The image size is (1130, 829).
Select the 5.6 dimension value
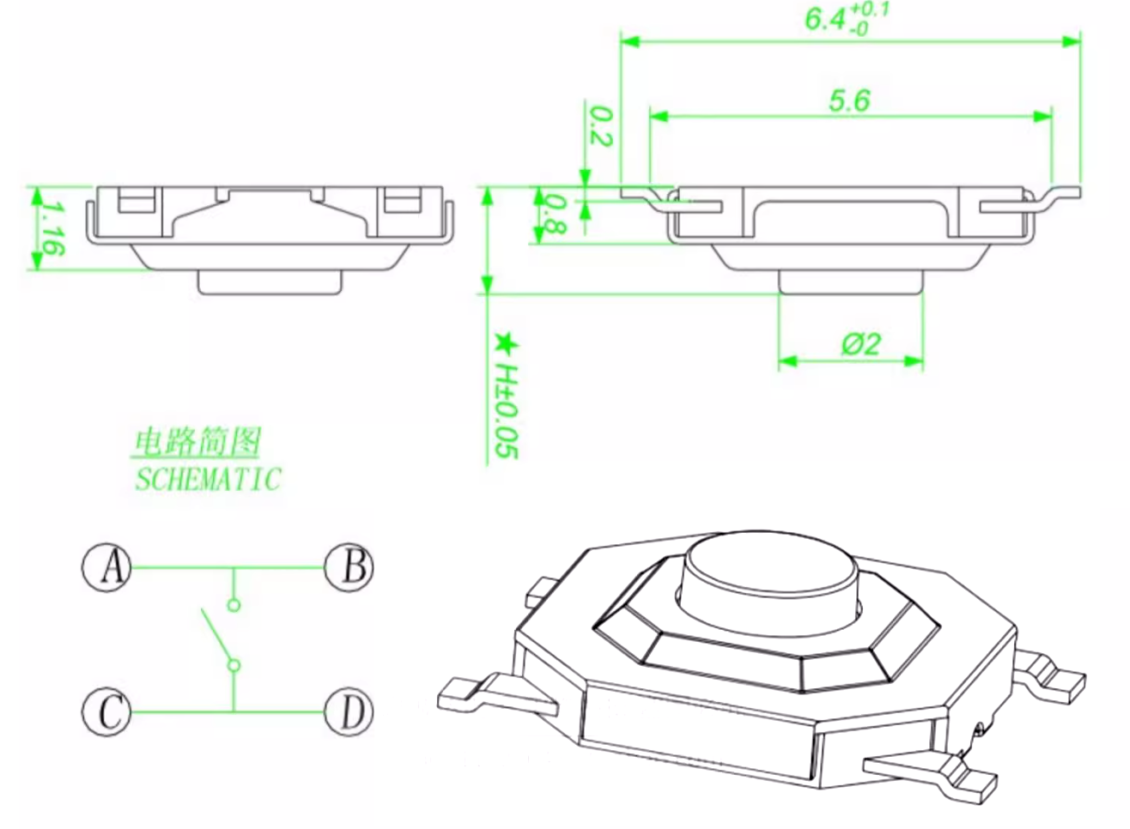click(x=850, y=100)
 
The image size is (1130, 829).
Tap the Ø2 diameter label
click(x=861, y=344)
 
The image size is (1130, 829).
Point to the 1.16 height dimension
click(x=52, y=229)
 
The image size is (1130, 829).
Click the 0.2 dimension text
click(x=601, y=126)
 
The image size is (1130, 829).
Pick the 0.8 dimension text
click(x=555, y=215)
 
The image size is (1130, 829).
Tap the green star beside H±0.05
click(x=506, y=344)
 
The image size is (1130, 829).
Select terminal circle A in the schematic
click(x=106, y=567)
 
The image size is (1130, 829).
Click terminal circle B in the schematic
click(x=349, y=567)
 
